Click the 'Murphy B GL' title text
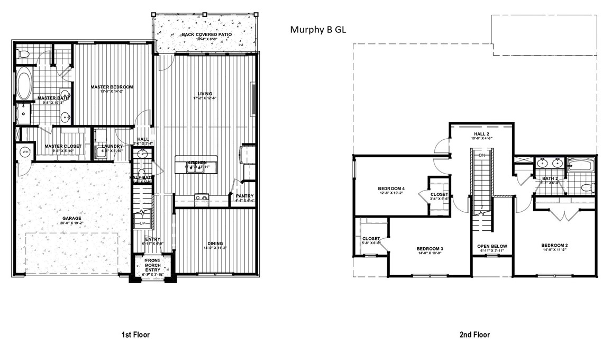click(x=318, y=30)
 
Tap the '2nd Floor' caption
click(x=474, y=335)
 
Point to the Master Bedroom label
click(x=111, y=87)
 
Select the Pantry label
click(x=245, y=196)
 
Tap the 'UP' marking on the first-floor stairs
click(x=142, y=223)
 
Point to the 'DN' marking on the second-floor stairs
click(x=481, y=156)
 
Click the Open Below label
click(x=492, y=246)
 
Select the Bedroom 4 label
click(x=391, y=188)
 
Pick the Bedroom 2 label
click(x=554, y=246)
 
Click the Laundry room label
click(x=112, y=146)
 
